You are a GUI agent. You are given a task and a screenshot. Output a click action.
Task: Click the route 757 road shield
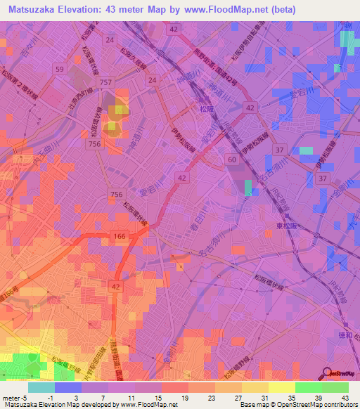tap(105, 83)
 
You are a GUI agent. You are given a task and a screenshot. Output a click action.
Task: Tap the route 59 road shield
tap(60, 69)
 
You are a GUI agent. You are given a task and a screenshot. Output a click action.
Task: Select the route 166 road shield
tap(119, 237)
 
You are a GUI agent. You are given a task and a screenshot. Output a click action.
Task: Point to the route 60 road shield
tap(231, 161)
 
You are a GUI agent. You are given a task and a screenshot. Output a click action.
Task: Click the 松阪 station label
tap(205, 110)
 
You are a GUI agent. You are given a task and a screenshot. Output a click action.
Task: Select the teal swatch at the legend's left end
tap(41, 387)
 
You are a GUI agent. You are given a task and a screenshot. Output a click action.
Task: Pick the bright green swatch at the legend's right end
tap(335, 387)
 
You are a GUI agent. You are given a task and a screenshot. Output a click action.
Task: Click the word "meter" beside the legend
tap(10, 398)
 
